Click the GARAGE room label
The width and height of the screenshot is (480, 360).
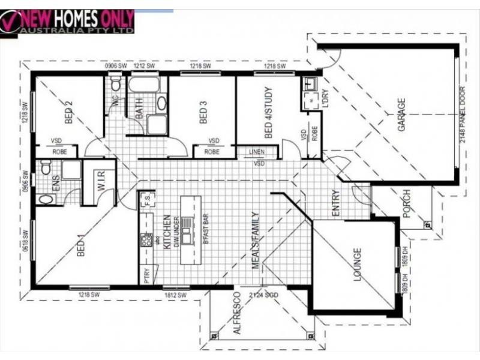click(x=401, y=115)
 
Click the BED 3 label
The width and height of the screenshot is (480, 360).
click(x=203, y=112)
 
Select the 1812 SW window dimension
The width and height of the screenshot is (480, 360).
click(x=176, y=295)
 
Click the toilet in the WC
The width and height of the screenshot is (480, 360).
click(x=116, y=85)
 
